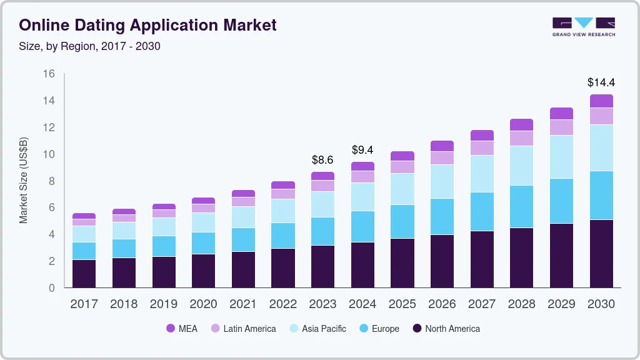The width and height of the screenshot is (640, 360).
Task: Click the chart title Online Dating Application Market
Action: (x=147, y=26)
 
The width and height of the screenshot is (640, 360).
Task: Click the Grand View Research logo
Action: (x=583, y=27)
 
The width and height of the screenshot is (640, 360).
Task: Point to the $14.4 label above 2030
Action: (x=601, y=82)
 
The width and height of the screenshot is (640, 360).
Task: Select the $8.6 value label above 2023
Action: (x=323, y=159)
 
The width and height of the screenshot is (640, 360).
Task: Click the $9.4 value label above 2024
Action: (x=362, y=150)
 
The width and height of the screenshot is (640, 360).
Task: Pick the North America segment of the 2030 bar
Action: (x=601, y=253)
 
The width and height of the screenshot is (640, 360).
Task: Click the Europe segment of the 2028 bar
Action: (x=521, y=206)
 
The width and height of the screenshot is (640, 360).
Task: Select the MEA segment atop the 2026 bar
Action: (x=442, y=146)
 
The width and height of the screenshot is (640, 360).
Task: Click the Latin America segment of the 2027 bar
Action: (x=482, y=147)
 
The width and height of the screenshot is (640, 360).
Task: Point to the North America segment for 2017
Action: (x=84, y=273)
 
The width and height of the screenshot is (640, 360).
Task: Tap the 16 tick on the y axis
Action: (x=49, y=74)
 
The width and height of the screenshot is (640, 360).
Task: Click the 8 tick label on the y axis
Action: (x=52, y=181)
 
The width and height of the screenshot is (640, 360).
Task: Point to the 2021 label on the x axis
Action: (x=243, y=304)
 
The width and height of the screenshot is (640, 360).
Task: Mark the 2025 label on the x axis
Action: (x=402, y=304)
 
